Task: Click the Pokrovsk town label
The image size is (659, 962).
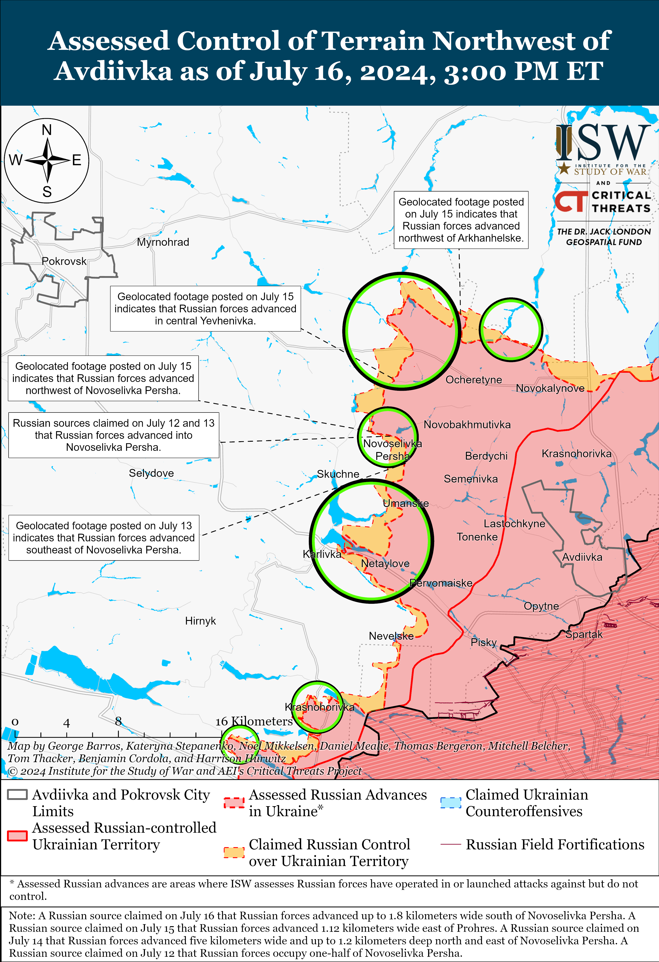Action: pyautogui.click(x=64, y=261)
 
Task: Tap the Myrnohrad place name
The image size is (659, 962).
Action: pyautogui.click(x=163, y=242)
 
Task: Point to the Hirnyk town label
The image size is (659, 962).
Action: pyautogui.click(x=200, y=621)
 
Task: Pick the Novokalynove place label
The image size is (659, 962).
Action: pyautogui.click(x=550, y=388)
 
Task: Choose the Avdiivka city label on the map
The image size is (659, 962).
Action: pyautogui.click(x=582, y=557)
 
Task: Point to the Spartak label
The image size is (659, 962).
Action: pyautogui.click(x=584, y=634)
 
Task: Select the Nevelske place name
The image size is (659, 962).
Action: pyautogui.click(x=391, y=636)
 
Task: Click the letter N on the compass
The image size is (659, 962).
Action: pyautogui.click(x=47, y=130)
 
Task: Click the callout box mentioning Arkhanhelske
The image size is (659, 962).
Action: pyautogui.click(x=461, y=220)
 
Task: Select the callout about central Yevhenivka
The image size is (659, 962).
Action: pyautogui.click(x=205, y=308)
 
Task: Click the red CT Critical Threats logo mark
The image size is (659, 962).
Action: pyautogui.click(x=571, y=202)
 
